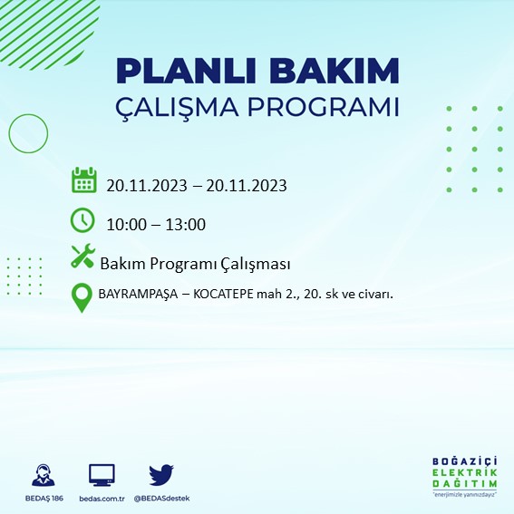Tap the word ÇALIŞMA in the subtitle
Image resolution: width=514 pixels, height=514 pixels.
[185, 107]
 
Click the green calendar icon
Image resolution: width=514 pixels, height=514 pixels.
[83, 180]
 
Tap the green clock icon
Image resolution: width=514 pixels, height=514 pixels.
[82, 220]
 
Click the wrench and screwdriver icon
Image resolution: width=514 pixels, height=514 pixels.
[82, 257]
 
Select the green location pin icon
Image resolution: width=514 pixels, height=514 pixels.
[82, 297]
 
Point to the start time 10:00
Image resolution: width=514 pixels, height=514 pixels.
[125, 225]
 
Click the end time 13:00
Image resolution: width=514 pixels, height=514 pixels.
[186, 225]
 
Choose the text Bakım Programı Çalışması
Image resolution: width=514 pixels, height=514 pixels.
[195, 264]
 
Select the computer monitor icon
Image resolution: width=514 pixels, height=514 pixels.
[102, 475]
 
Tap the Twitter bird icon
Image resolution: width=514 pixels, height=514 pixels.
[160, 474]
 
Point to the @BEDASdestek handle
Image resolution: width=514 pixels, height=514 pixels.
[160, 499]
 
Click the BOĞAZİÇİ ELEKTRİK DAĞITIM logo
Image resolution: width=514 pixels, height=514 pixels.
[465, 475]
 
